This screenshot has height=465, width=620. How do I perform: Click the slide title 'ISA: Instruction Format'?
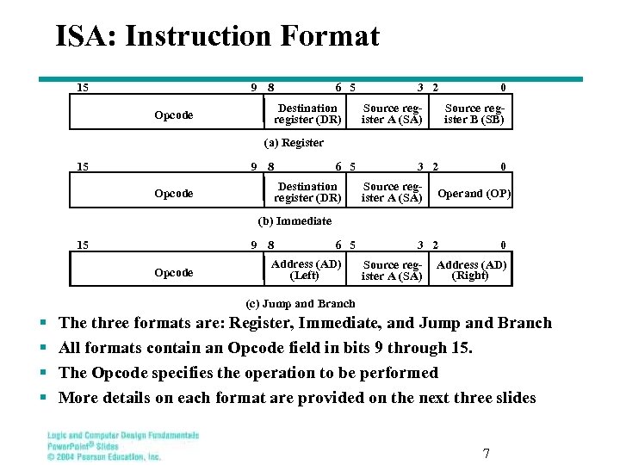pyautogui.click(x=217, y=36)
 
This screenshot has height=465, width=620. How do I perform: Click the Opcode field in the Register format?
pyautogui.click(x=173, y=115)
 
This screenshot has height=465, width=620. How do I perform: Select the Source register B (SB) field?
pyautogui.click(x=473, y=114)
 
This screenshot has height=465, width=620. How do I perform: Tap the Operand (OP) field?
pyautogui.click(x=474, y=193)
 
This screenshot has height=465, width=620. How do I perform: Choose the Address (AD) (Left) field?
pyautogui.click(x=306, y=270)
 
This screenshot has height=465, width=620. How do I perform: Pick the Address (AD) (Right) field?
pyautogui.click(x=472, y=270)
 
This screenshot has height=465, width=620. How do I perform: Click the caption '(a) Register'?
pyautogui.click(x=293, y=143)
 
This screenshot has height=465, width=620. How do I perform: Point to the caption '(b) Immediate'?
pyautogui.click(x=294, y=221)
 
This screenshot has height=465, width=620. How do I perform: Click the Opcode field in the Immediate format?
pyautogui.click(x=173, y=193)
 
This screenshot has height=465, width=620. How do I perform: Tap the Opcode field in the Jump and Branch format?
pyautogui.click(x=173, y=272)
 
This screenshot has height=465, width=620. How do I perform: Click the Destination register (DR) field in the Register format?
pyautogui.click(x=307, y=114)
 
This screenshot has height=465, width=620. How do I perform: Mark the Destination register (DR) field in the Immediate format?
pyautogui.click(x=307, y=192)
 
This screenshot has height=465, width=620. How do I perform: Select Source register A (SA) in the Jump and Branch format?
pyautogui.click(x=392, y=270)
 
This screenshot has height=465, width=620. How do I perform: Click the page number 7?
pyautogui.click(x=486, y=454)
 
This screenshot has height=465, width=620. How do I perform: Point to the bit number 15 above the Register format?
pyautogui.click(x=83, y=87)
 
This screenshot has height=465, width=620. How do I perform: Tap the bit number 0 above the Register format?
pyautogui.click(x=503, y=87)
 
